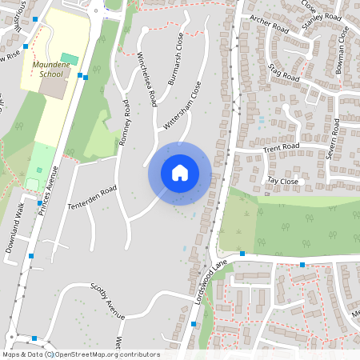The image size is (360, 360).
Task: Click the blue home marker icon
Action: pos(180,173)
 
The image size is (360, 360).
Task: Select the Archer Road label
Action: pos(267,24)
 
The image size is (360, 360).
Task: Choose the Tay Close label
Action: pos(282,182)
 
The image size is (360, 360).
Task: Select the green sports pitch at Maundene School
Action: pos(70,58)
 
